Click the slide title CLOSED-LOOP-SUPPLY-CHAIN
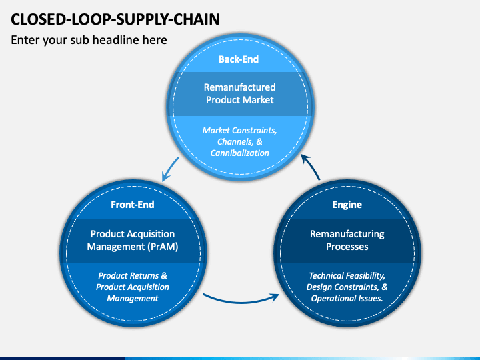point(115,19)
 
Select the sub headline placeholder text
point(89,40)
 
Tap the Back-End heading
point(239,59)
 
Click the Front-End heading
point(133,205)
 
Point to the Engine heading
point(347,205)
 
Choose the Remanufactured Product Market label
point(240,94)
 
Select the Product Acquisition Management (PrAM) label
point(133,240)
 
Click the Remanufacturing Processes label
point(347,240)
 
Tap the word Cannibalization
point(240,153)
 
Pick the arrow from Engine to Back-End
point(311,166)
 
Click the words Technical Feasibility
point(347,276)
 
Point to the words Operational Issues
point(347,298)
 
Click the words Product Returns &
point(133,275)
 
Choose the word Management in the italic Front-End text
point(133,299)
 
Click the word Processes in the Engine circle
point(347,247)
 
